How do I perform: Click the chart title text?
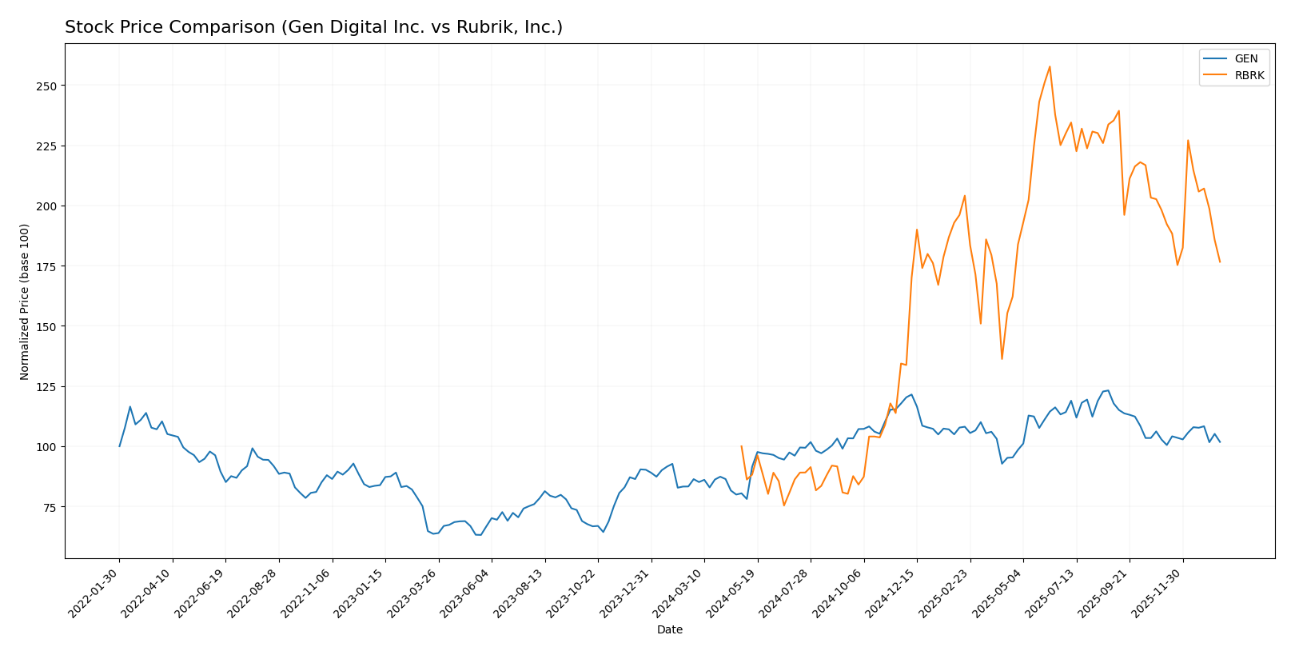click(x=313, y=27)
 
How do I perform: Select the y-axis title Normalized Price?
click(x=25, y=302)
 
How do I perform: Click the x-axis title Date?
click(x=669, y=630)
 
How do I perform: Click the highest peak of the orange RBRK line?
click(x=1050, y=66)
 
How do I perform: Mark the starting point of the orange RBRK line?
click(x=741, y=446)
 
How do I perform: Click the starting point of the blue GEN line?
click(x=120, y=446)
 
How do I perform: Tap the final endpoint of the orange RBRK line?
click(x=1220, y=262)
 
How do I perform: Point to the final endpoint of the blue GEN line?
click(x=1220, y=441)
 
